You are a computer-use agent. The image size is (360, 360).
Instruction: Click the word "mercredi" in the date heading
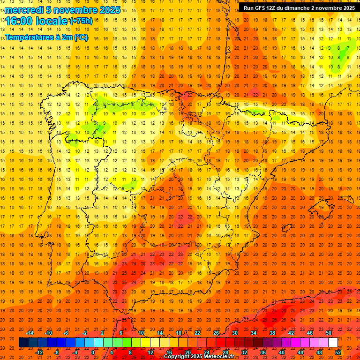[x=25, y=10]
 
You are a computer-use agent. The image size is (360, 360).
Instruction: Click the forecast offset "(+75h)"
[x=81, y=21]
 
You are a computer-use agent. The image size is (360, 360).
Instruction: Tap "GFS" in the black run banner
[x=265, y=8]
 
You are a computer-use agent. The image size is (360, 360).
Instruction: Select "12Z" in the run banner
[x=277, y=8]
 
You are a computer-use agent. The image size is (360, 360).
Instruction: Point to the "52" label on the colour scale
[x=338, y=352]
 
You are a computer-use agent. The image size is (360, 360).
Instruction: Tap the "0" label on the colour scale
[x=93, y=352]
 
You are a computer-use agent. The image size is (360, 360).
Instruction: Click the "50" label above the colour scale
[x=329, y=333]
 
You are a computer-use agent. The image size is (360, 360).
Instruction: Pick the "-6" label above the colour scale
[x=66, y=333]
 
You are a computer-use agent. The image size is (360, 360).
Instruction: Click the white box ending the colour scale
[x=333, y=343]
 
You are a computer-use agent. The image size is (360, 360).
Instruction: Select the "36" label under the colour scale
[x=263, y=352]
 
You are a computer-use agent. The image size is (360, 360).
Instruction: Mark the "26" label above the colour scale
[x=216, y=333]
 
